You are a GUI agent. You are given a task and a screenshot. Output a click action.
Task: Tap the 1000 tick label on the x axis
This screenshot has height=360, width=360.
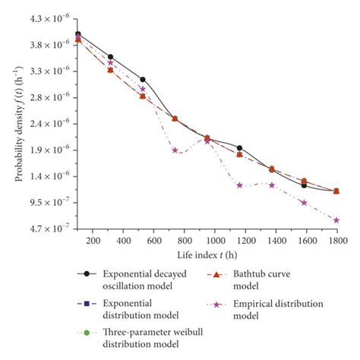point(214,241)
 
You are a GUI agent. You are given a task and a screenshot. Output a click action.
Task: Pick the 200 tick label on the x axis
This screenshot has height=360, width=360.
point(93,241)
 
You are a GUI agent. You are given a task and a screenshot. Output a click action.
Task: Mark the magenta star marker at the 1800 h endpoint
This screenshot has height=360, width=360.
point(336,220)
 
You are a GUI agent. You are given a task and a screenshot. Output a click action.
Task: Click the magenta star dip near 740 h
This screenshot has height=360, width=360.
point(175,150)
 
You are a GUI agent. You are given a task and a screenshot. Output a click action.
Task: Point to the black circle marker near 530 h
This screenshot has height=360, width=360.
point(142,80)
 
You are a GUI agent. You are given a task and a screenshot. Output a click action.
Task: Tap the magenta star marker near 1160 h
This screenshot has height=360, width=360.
point(239,185)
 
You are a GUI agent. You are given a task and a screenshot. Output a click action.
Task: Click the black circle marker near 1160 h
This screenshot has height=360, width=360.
point(239,148)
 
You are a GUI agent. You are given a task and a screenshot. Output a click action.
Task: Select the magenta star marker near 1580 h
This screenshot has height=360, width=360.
point(304,203)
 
